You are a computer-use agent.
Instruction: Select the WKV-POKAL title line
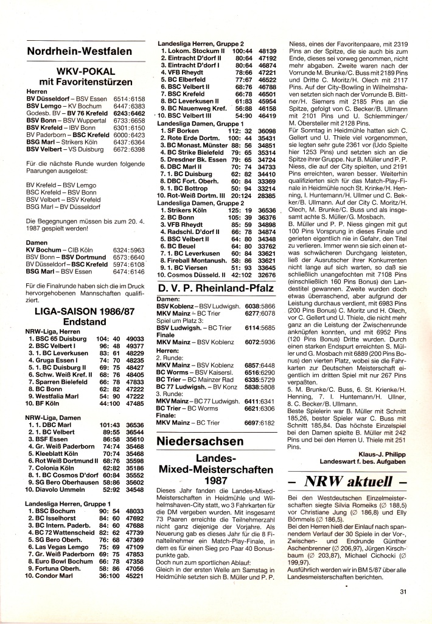click(x=85, y=72)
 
